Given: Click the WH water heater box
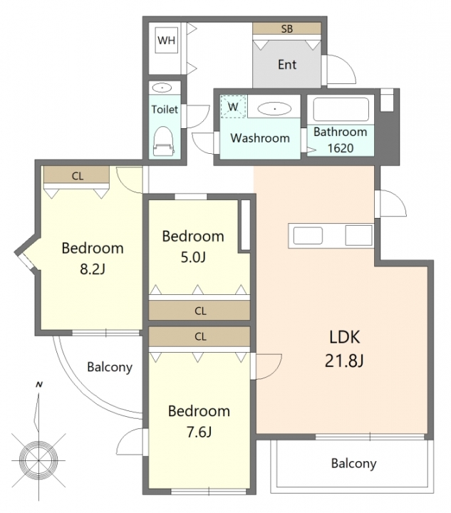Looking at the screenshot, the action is tap(167, 40).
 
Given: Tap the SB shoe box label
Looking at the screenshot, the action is tap(287, 28).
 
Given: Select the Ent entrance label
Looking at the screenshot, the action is tap(287, 64).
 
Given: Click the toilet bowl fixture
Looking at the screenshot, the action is tap(163, 142).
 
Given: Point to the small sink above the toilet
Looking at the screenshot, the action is tap(162, 88).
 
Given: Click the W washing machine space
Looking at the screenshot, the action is tap(233, 106).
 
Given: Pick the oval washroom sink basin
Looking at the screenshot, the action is tap(274, 108).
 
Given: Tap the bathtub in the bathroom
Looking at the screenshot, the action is tap(341, 109).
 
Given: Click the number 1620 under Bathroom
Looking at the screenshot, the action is tap(341, 148).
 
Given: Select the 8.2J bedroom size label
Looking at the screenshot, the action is tap(93, 269).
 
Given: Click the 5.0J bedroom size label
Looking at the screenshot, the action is tap(193, 257).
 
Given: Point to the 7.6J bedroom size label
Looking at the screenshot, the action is tap(199, 432).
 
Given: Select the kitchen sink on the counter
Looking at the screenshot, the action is tap(308, 236).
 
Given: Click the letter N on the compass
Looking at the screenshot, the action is tap(39, 385).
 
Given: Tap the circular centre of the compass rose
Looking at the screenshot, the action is tap(38, 460).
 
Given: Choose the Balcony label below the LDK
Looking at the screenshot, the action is tap(353, 463).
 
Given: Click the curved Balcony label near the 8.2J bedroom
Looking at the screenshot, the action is tap(110, 367).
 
